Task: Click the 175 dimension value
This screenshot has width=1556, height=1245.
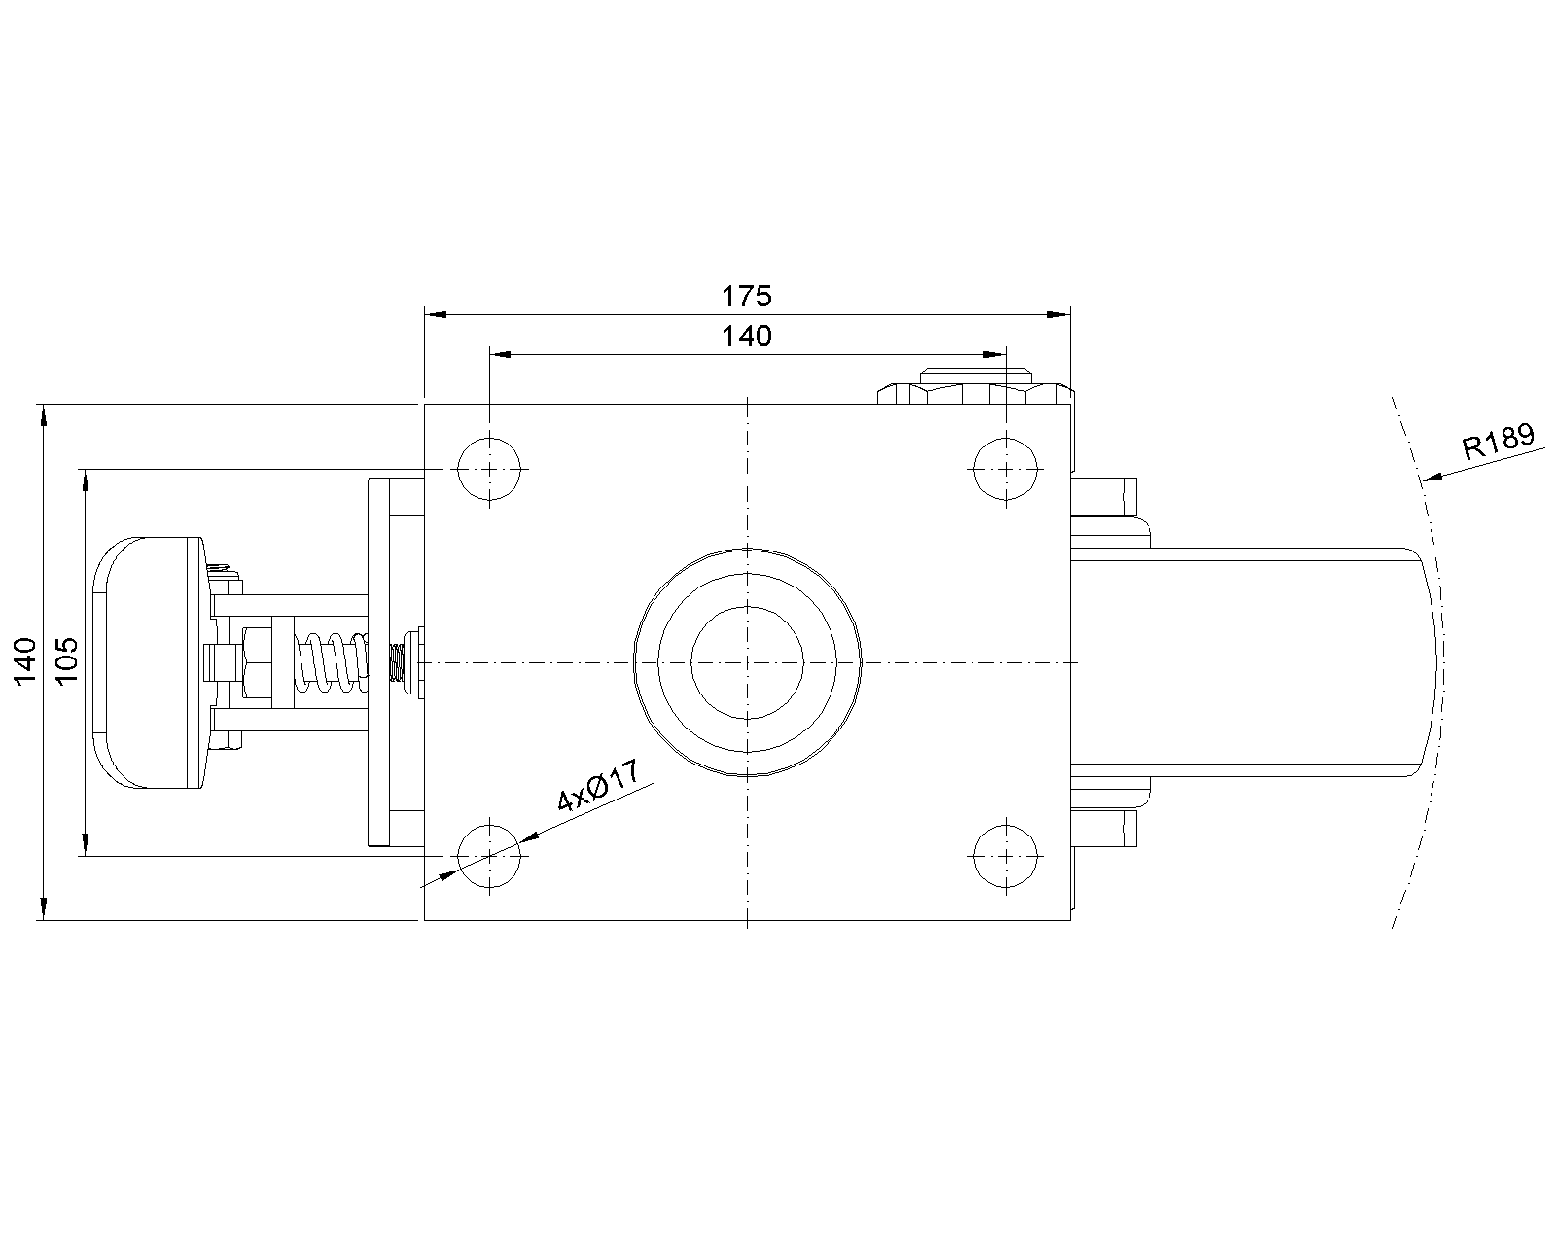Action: pos(747,295)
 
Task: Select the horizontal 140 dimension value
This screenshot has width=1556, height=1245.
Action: pos(747,337)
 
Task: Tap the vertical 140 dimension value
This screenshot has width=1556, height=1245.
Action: pos(25,660)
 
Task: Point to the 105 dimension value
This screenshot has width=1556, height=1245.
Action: pos(67,660)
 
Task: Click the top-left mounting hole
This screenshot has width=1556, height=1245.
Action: pos(489,469)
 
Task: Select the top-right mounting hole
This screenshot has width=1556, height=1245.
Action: pos(1006,469)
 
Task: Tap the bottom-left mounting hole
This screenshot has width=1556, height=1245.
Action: pos(489,855)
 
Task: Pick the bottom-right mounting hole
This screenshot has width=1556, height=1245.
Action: pos(1006,855)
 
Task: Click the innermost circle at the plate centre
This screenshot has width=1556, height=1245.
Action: pos(747,661)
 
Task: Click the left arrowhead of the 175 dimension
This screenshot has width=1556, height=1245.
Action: pos(434,315)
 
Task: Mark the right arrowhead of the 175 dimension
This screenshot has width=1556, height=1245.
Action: pos(1060,315)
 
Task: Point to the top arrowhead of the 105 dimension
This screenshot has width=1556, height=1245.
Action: pos(86,478)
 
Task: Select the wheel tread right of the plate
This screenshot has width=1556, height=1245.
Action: pos(1255,661)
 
